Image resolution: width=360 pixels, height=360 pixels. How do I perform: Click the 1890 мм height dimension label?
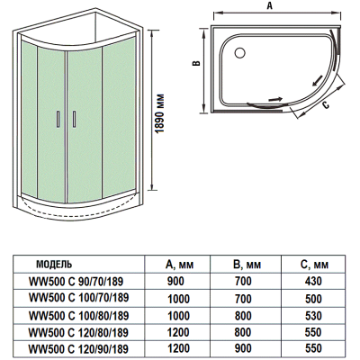point(161,113)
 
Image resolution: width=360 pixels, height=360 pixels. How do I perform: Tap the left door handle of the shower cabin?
point(58,120)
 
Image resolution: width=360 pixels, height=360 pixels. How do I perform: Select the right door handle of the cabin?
point(74,120)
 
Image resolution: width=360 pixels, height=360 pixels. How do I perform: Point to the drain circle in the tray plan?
point(239,53)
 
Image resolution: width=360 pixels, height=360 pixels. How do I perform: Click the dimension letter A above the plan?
point(270,5)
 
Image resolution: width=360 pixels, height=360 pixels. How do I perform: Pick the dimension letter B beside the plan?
point(196,63)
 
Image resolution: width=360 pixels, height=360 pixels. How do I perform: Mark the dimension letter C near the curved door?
point(327,105)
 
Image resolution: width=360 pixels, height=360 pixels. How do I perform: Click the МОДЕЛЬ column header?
point(54,265)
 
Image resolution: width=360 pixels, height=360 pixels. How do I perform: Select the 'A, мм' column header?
point(179,265)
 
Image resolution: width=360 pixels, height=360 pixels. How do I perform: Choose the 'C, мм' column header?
point(314,265)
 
